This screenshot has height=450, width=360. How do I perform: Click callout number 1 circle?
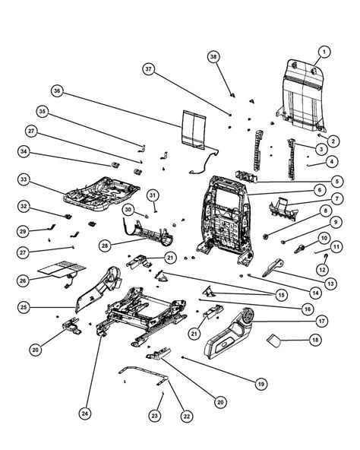coord(324,52)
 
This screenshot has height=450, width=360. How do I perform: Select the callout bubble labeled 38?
coord(213,58)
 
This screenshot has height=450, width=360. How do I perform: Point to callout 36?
coord(57,91)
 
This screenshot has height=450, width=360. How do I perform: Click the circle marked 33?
coord(25,180)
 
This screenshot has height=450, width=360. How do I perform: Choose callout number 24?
coord(84,414)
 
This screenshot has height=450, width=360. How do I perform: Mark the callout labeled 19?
coord(261,385)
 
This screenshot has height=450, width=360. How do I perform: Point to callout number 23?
coord(155,416)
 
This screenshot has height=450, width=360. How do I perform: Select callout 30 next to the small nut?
coord(128,209)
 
